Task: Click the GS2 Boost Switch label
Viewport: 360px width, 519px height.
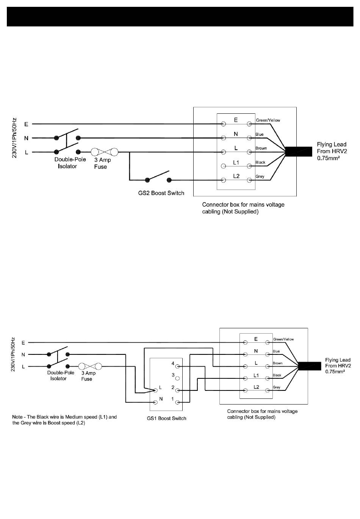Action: coord(161,193)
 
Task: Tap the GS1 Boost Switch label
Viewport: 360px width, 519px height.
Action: coord(166,418)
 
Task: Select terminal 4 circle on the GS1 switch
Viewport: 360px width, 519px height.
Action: coord(177,366)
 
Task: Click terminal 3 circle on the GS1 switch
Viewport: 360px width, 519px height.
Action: coord(177,378)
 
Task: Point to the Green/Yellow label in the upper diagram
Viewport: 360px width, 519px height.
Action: coord(268,120)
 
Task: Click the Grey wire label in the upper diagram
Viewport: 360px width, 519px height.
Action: coord(260,176)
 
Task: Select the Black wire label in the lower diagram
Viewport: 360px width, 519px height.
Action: coord(277,375)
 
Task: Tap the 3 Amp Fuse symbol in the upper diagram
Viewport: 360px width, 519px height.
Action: coord(104,152)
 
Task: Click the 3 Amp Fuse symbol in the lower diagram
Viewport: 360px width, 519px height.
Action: coord(90,366)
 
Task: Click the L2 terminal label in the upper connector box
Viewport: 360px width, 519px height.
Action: coord(236,176)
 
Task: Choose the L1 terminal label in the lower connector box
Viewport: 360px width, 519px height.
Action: coord(256,375)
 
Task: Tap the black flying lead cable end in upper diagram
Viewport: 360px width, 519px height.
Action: coord(299,152)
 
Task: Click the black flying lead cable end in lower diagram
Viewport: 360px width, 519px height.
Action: coord(310,366)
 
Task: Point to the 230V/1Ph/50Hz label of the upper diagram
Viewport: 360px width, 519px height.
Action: coord(14,138)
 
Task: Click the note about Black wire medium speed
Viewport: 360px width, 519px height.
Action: coord(64,420)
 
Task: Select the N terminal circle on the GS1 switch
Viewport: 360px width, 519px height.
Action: coord(155,402)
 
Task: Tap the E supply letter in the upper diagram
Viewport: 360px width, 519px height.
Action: coord(26,124)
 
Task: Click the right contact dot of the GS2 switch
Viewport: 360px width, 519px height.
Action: coord(169,180)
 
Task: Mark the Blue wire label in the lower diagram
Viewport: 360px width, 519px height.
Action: coord(276,351)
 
